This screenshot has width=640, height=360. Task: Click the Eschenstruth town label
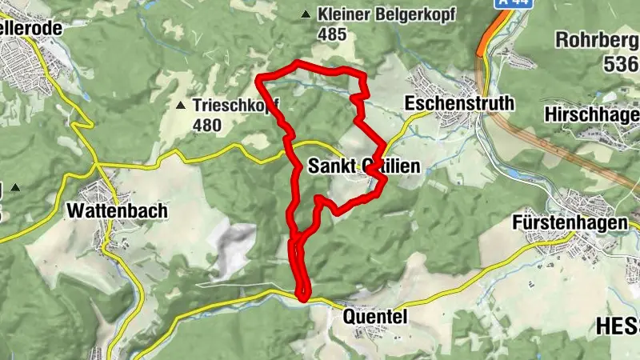tap(459, 104)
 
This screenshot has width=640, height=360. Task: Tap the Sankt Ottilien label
tap(363, 166)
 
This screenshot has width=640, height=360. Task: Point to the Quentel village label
tap(375, 317)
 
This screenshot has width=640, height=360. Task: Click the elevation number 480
tap(206, 126)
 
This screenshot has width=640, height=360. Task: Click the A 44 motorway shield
tap(498, 4)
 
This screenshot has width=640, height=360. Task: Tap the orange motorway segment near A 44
tap(483, 43)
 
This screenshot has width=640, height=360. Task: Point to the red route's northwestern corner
tap(258, 78)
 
